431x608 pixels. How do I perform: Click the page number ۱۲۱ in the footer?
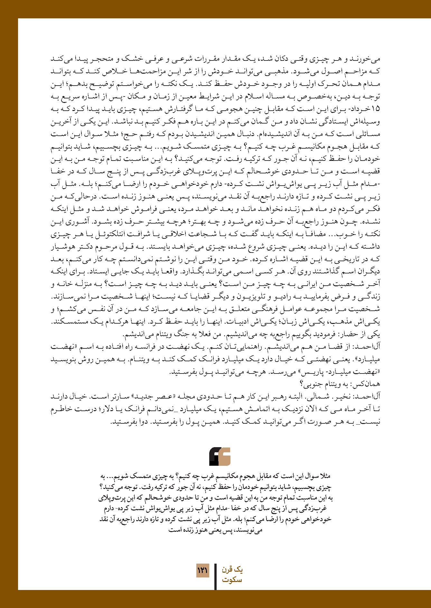coord(202,571)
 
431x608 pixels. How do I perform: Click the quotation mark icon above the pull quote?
coord(220,456)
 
